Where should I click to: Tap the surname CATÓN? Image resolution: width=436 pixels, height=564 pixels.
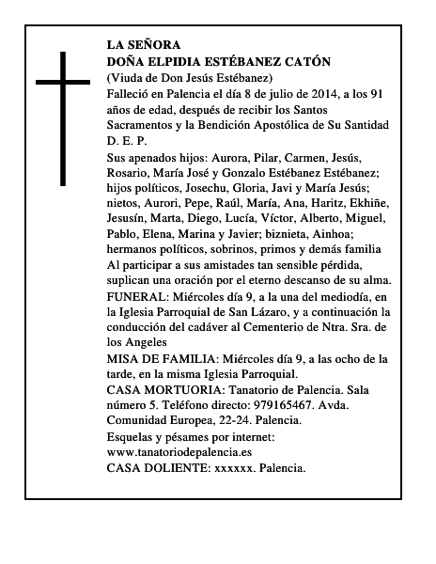(x=305, y=62)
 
